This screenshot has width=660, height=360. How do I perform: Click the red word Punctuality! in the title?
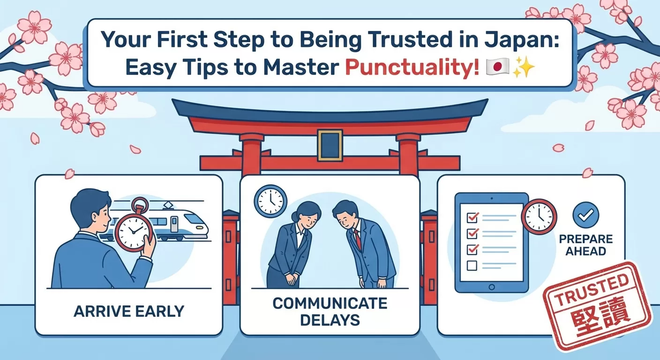tap(412, 67)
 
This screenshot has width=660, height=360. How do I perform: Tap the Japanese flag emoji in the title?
tap(497, 67)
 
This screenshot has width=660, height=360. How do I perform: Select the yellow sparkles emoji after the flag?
tap(524, 67)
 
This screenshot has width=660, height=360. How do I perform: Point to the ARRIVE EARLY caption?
tap(129, 311)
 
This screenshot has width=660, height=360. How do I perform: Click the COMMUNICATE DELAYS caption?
tap(330, 311)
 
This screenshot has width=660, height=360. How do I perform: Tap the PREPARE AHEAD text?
tap(586, 245)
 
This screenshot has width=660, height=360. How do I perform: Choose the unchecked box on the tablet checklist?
tap(472, 265)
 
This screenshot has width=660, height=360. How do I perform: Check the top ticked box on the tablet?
tap(472, 217)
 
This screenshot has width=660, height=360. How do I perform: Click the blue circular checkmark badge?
tap(586, 215)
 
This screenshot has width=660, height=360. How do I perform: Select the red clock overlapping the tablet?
tap(539, 217)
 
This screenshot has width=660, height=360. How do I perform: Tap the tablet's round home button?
tap(492, 287)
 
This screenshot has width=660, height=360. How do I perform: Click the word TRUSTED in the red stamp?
tap(592, 289)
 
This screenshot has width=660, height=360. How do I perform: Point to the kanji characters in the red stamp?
tap(601, 317)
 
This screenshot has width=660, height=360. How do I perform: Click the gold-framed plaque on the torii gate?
tap(330, 145)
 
